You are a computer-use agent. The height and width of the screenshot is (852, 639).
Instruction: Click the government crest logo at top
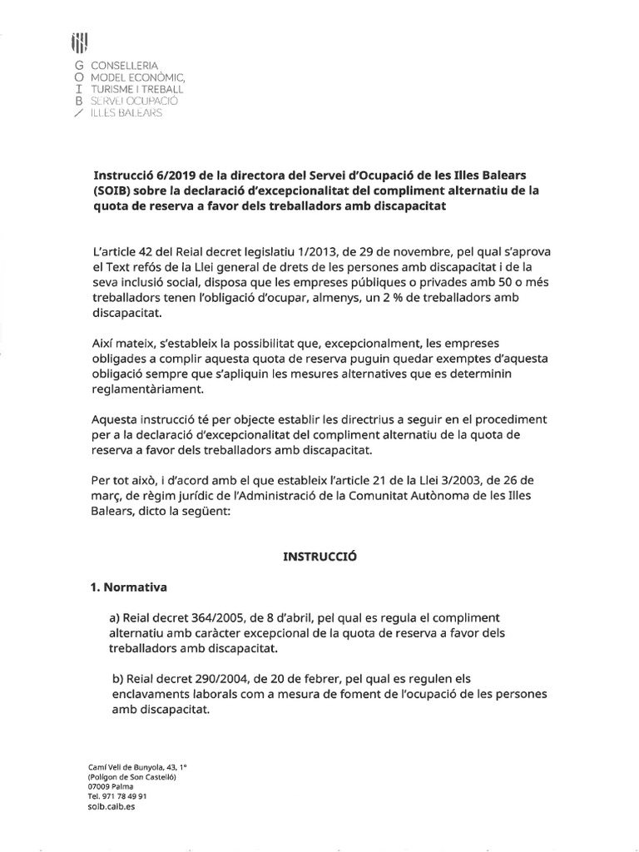click(81, 42)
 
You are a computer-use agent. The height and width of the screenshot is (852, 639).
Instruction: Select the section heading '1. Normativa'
click(128, 587)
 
